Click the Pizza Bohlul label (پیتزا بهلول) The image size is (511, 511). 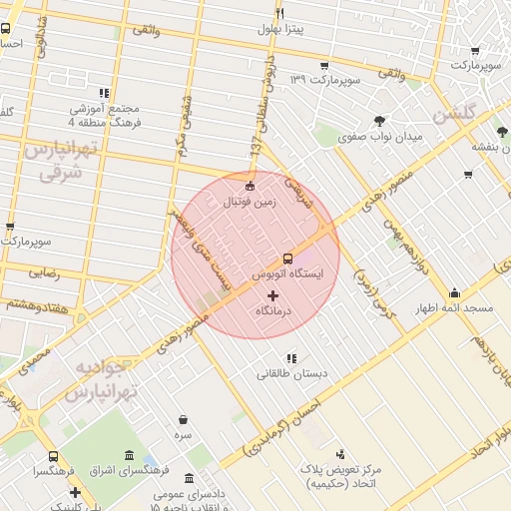[x=282, y=30]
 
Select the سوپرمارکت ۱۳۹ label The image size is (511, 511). [x=323, y=79]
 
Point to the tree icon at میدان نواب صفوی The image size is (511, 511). [x=379, y=121]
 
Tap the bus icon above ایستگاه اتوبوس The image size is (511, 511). [x=287, y=256]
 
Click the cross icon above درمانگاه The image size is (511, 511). [x=273, y=295]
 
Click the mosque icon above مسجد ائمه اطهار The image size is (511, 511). [x=455, y=292]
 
